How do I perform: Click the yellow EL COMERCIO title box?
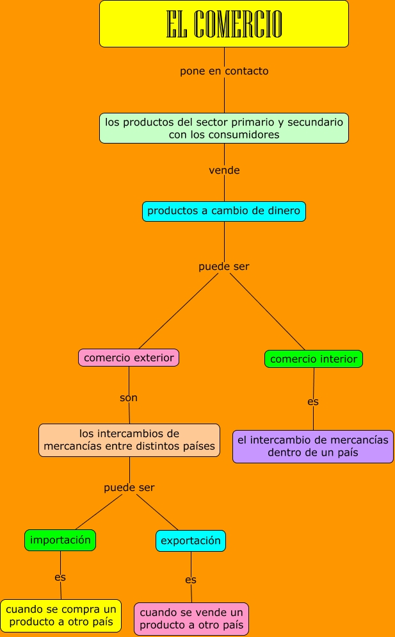tap(224, 24)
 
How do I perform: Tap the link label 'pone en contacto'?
tap(224, 71)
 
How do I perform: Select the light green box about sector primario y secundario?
tap(224, 128)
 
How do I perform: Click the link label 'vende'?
tap(224, 170)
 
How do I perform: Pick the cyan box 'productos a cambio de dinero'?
tap(224, 211)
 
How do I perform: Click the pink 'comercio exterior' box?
tap(129, 358)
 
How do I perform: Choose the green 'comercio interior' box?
tap(314, 359)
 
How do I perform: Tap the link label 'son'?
tap(129, 398)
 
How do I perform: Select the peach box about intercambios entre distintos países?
tap(129, 440)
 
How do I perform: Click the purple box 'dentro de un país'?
tap(313, 446)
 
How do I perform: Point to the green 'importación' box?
tap(60, 540)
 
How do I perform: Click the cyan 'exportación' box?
tap(191, 541)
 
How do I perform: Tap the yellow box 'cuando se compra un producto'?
tap(61, 615)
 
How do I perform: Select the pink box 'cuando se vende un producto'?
tap(191, 618)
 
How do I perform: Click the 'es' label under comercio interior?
tap(313, 402)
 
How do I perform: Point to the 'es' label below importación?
tap(60, 577)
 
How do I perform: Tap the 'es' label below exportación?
tap(191, 580)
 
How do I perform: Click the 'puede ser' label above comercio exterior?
tap(224, 267)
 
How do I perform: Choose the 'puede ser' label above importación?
tap(129, 488)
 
